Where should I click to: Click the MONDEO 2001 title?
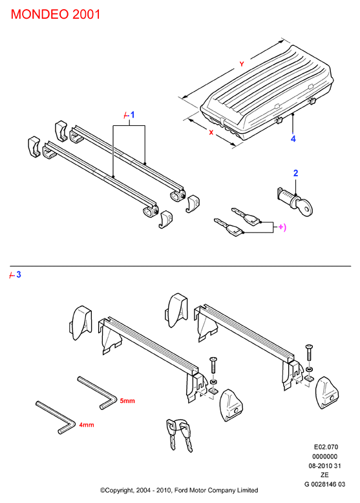(x=56, y=14)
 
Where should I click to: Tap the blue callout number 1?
(x=132, y=115)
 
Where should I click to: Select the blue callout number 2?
(x=295, y=173)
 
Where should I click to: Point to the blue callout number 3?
(x=19, y=274)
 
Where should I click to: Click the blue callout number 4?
(x=293, y=139)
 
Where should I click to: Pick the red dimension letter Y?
(x=242, y=64)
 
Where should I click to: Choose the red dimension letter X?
(x=211, y=132)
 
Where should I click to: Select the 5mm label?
(x=127, y=401)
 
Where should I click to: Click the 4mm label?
(x=87, y=425)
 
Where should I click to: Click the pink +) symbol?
(x=282, y=227)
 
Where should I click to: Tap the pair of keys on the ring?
(x=179, y=435)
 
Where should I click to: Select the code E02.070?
(x=326, y=447)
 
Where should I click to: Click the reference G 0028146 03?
(x=324, y=484)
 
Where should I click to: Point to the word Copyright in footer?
(x=119, y=491)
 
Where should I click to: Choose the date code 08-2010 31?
(x=324, y=466)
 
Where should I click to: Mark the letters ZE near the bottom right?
(x=324, y=475)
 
